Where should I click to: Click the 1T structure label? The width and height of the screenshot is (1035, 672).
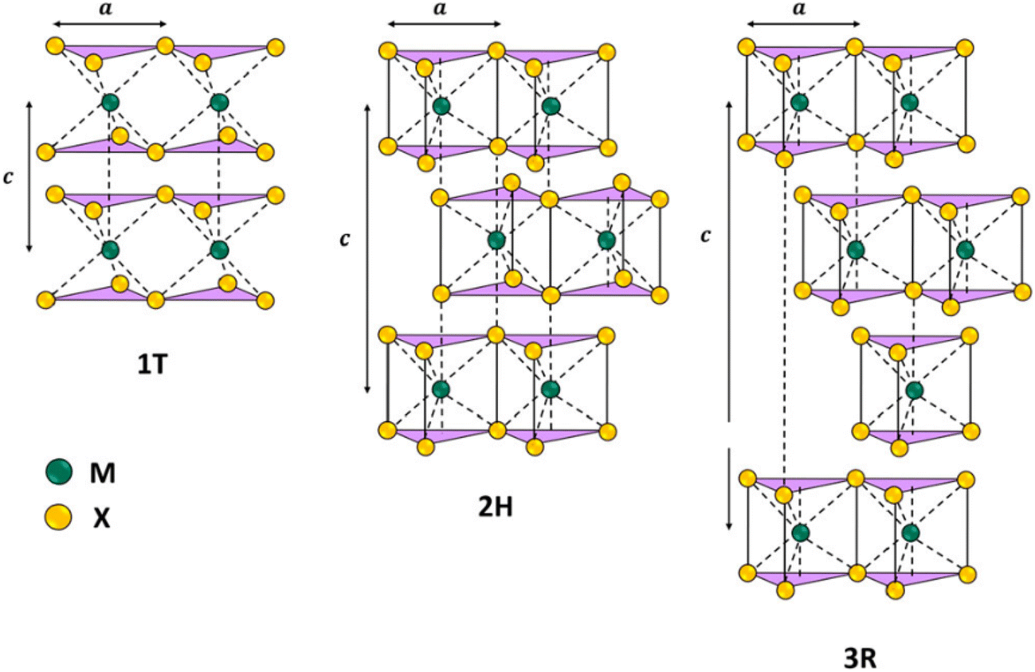coord(152,365)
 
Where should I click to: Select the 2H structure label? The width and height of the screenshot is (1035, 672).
coord(496,507)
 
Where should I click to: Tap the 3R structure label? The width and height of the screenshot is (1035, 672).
coord(860,658)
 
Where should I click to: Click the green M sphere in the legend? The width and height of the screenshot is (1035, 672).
coord(59,472)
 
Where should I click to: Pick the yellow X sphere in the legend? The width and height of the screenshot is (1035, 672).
coord(58,517)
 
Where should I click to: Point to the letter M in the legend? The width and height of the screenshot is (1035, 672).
coord(103,473)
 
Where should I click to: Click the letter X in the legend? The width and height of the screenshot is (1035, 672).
coord(102,518)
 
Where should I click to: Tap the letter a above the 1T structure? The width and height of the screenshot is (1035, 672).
coord(106,8)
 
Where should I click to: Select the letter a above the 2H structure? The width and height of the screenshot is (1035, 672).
coord(441,8)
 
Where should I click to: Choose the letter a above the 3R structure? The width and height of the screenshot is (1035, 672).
coord(799,8)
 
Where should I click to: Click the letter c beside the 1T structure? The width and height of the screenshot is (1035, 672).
coord(8,178)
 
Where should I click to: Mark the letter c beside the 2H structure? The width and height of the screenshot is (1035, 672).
coord(345,239)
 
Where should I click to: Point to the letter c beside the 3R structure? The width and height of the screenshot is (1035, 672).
coord(705,236)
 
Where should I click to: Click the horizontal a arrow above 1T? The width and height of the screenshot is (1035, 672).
coord(110,24)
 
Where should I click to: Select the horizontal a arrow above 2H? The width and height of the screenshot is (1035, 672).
coord(444,24)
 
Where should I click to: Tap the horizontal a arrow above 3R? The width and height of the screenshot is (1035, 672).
coord(803,24)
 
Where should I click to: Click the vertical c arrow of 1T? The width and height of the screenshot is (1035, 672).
coord(29,177)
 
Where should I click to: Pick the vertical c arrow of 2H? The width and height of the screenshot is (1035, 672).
coord(368,249)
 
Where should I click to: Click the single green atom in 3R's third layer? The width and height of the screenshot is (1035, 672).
coord(915,390)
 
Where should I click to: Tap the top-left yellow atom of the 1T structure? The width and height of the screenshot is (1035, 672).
coord(56,46)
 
